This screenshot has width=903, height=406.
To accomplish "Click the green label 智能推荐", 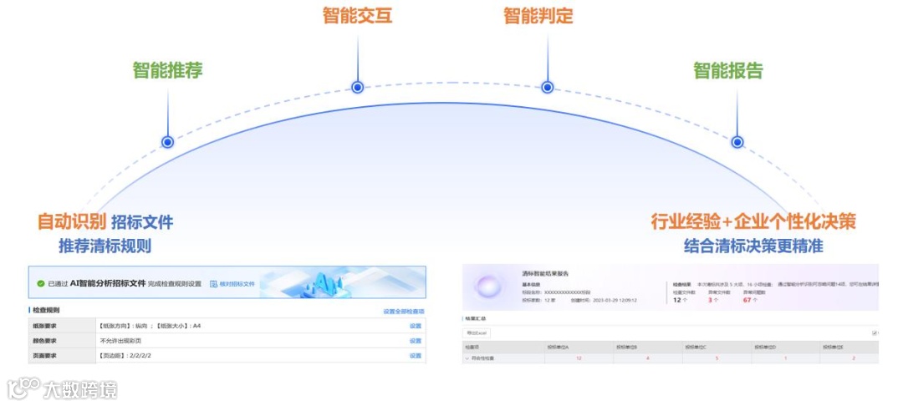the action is click(167, 69).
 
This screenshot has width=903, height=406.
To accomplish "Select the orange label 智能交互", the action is click(357, 15).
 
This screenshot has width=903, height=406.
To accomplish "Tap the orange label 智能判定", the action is click(538, 15).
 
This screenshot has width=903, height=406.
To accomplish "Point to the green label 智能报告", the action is click(728, 70).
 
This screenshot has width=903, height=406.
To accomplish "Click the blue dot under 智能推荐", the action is click(167, 142).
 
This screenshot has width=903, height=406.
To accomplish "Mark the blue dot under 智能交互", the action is click(357, 87).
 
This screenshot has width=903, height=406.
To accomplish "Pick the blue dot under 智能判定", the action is click(547, 87).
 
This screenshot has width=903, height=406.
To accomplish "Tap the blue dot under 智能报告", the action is click(737, 142).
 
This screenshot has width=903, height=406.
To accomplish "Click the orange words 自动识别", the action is click(71, 221).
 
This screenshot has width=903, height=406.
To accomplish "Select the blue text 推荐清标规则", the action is click(105, 246).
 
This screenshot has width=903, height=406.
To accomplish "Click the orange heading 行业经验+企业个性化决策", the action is click(753, 221).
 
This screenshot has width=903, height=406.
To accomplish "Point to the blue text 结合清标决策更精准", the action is click(753, 246).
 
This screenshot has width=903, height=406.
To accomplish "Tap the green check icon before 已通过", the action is click(40, 284).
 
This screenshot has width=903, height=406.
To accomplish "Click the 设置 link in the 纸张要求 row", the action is click(415, 326).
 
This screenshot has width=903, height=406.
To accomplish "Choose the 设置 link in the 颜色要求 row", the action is click(415, 341).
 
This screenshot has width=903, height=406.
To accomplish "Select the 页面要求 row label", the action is click(45, 356).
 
